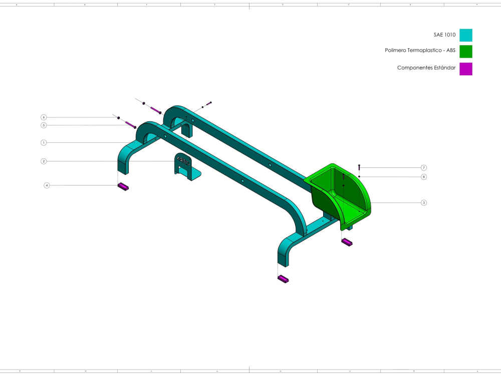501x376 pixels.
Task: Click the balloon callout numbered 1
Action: [x=44, y=142]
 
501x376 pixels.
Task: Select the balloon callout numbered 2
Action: [x=44, y=161]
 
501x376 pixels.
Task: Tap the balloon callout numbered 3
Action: [x=424, y=203]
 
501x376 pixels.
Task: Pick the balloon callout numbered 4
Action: [x=47, y=185]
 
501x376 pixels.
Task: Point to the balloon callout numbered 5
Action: [x=44, y=125]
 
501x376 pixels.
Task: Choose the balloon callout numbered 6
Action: [x=44, y=117]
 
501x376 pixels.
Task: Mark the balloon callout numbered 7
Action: [x=424, y=167]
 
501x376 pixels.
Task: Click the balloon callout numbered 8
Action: [x=424, y=176]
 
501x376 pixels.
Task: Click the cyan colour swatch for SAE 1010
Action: [x=465, y=35]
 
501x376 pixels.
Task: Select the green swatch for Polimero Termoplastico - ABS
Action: [x=465, y=51]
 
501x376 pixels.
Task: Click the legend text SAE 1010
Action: [x=444, y=35]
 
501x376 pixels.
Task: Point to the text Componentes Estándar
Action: [x=426, y=68]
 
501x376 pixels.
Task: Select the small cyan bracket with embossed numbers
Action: [x=184, y=166]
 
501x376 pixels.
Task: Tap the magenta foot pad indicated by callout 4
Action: [x=123, y=187]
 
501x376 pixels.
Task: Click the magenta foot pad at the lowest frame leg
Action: [x=284, y=279]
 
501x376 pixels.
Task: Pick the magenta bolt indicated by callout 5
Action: [x=130, y=124]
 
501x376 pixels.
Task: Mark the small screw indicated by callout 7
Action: [x=359, y=167]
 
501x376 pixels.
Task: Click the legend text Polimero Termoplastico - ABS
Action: [x=420, y=51]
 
